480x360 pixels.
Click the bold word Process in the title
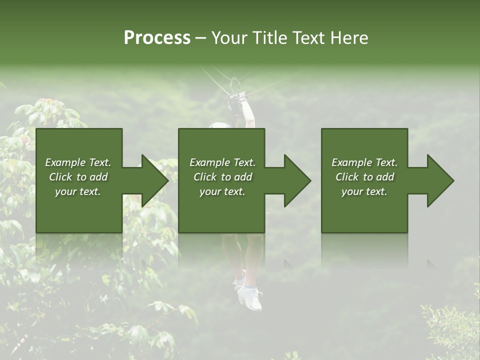coord(157,38)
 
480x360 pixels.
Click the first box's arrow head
coord(153,180)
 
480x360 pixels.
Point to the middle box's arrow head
coord(296,180)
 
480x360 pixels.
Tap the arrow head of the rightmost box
coord(439,180)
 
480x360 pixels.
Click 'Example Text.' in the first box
coord(78,162)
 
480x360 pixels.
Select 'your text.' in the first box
coord(78,191)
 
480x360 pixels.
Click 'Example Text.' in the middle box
coord(222,162)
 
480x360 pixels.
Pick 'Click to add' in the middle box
coord(222,177)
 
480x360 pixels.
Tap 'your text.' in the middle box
coord(222,191)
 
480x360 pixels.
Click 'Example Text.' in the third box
coord(364,162)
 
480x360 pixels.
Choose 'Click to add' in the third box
coord(364,177)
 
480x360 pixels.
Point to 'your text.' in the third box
coord(364,191)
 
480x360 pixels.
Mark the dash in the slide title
coord(201,38)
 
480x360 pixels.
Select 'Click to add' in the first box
coord(78,177)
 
